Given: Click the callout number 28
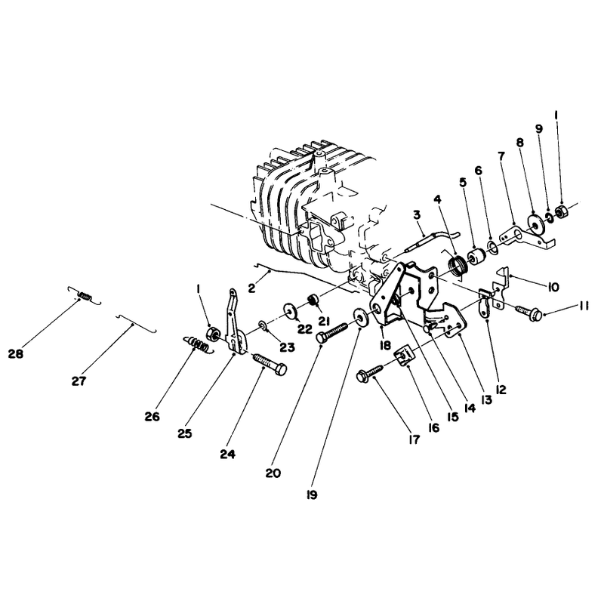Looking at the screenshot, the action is pos(16,353).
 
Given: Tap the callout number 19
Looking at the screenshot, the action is pos(312,495).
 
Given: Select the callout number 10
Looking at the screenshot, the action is pos(553,287).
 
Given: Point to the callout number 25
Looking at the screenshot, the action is pos(184,433).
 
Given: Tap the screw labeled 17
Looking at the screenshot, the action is pos(371,374).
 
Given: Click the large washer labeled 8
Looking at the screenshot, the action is pos(534,223).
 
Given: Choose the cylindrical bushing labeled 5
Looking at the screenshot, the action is pos(476,257).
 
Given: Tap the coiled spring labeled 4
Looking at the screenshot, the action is pos(458,266).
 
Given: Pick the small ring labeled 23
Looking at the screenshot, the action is pos(263,327).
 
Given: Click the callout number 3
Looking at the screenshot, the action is pos(418,214).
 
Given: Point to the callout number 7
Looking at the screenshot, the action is pos(501,156).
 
